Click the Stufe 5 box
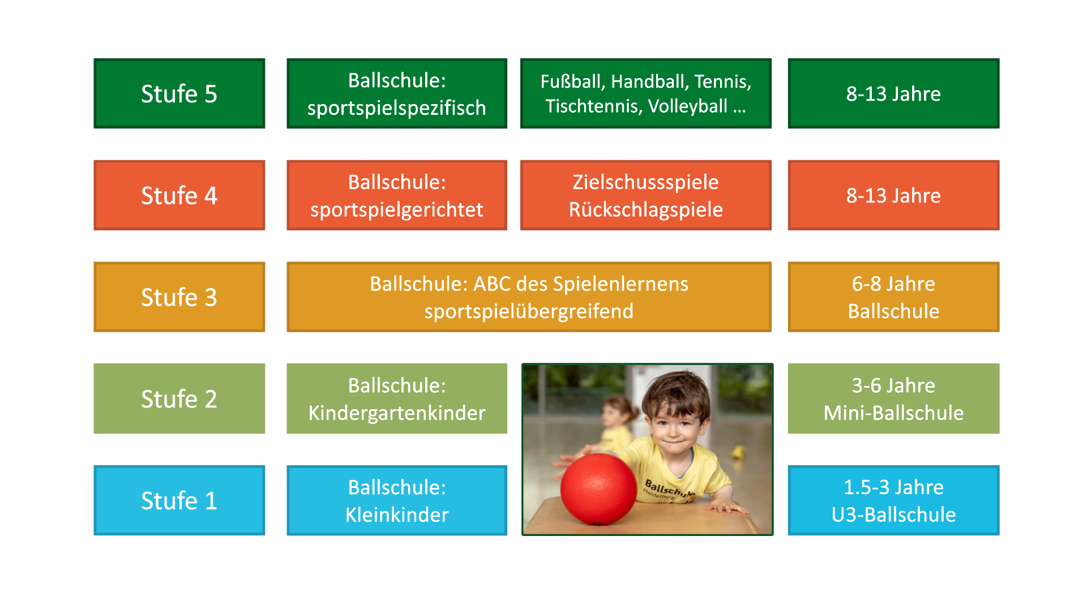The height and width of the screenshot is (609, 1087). [179, 93]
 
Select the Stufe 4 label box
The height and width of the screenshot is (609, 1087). [179, 195]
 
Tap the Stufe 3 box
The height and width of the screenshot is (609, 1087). [179, 297]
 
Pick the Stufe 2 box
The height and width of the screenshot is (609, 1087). [179, 398]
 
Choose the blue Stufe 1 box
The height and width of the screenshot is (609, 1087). [179, 500]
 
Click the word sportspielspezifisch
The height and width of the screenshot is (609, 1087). [396, 108]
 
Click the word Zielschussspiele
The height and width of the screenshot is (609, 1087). [645, 182]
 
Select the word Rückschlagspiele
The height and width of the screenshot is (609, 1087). [645, 209]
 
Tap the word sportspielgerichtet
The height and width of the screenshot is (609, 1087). [396, 209]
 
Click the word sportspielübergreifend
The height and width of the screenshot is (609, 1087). [529, 311]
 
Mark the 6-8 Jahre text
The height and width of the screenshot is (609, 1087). [893, 284]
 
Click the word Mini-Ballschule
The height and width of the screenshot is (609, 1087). [893, 413]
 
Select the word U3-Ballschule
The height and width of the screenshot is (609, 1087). [893, 514]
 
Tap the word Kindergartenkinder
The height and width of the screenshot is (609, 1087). [396, 413]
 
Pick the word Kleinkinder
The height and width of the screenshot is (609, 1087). [396, 514]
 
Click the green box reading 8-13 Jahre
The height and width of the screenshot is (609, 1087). [893, 93]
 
